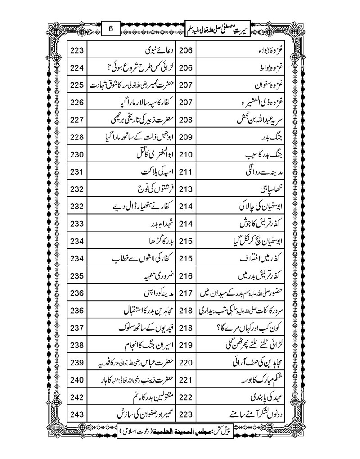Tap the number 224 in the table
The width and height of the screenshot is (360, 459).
tap(77, 68)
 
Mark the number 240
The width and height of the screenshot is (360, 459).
tap(77, 380)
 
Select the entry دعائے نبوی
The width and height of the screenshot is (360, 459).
tap(151, 51)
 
